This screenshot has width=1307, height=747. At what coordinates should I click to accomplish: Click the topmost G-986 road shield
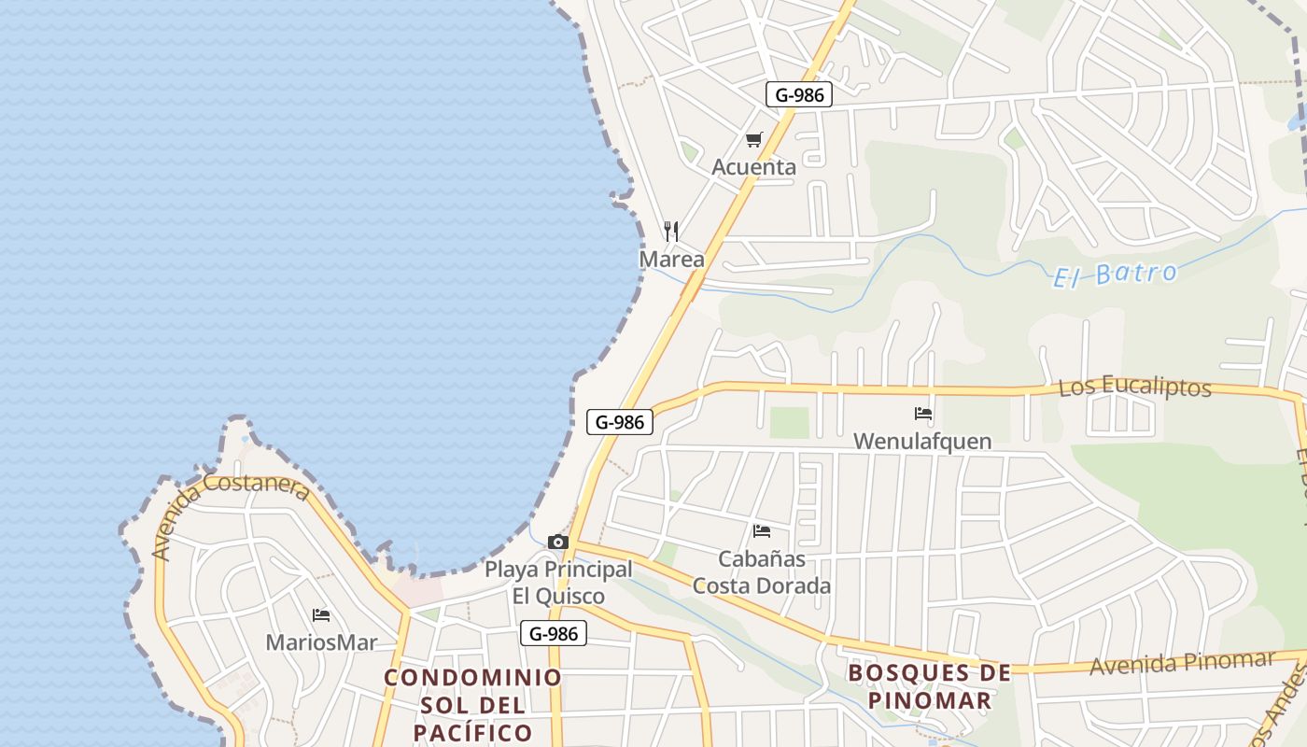[798, 94]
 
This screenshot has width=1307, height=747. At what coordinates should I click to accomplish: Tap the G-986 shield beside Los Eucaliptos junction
[619, 422]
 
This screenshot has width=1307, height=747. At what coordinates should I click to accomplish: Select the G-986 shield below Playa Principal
[554, 634]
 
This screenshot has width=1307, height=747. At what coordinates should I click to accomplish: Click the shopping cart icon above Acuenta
[753, 140]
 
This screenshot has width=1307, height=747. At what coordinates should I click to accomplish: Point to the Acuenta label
[753, 168]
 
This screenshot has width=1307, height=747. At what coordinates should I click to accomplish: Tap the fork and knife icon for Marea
[671, 231]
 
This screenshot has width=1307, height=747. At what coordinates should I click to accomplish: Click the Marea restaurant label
[671, 260]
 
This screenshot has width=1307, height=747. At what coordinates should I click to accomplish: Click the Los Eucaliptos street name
[1134, 387]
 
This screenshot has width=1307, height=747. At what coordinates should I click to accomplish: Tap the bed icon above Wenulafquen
[922, 413]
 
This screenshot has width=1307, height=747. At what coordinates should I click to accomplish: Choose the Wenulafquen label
[922, 441]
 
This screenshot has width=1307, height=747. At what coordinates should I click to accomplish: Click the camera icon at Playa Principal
[558, 542]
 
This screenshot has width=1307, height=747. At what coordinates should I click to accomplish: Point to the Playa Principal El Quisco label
[558, 583]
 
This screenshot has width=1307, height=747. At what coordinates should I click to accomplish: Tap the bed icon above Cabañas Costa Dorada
[762, 531]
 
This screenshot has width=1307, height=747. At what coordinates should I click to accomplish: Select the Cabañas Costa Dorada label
[762, 572]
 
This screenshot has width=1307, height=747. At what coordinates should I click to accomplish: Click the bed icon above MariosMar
[321, 615]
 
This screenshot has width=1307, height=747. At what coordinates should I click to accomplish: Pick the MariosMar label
[321, 642]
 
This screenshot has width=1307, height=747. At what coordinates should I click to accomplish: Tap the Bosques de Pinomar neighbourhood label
[929, 686]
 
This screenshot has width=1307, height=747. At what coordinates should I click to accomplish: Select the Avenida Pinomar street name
[1181, 663]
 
